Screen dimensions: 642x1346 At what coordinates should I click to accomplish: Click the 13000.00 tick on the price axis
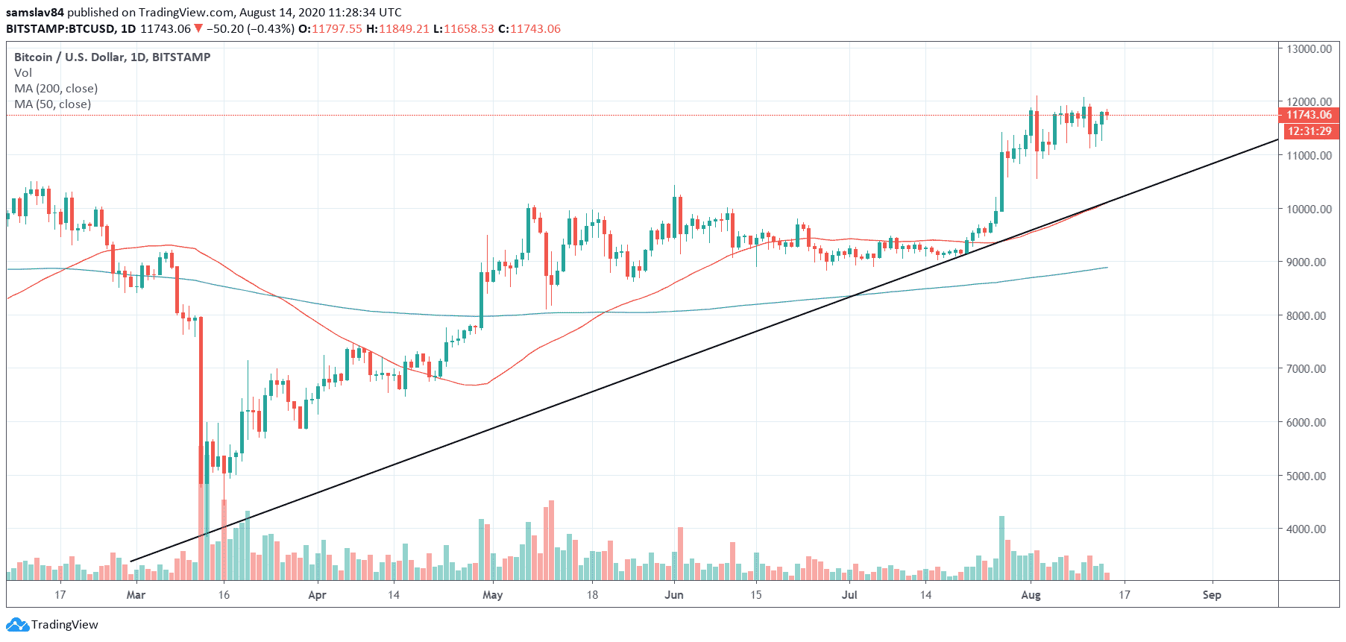(x=1309, y=48)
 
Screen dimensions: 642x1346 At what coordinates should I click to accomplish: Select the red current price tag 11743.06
(x=1309, y=115)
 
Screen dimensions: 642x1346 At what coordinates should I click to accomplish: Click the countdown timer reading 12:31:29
(x=1309, y=131)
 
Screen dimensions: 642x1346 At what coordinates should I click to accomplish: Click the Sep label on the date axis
(x=1212, y=595)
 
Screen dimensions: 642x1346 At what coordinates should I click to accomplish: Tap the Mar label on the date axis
(x=136, y=595)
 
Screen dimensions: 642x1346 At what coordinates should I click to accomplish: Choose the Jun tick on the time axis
(x=674, y=595)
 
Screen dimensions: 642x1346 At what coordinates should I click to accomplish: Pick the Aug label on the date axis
(x=1031, y=595)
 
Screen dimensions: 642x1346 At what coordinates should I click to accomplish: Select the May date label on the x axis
(x=493, y=595)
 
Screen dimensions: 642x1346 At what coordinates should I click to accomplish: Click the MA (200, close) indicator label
(x=56, y=89)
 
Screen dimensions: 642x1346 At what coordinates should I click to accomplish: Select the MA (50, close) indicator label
(x=53, y=104)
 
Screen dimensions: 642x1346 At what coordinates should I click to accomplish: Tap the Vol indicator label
(x=23, y=73)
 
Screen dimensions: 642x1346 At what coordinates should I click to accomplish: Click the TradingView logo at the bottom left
(x=54, y=625)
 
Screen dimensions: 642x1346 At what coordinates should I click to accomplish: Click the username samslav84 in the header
(x=35, y=13)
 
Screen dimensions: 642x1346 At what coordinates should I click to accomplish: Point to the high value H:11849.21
(x=397, y=29)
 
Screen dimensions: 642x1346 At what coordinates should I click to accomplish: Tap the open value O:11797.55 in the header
(x=330, y=29)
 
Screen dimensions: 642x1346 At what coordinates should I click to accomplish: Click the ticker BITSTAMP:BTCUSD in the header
(x=60, y=29)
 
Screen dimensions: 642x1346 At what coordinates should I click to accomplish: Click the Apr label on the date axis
(x=317, y=595)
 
